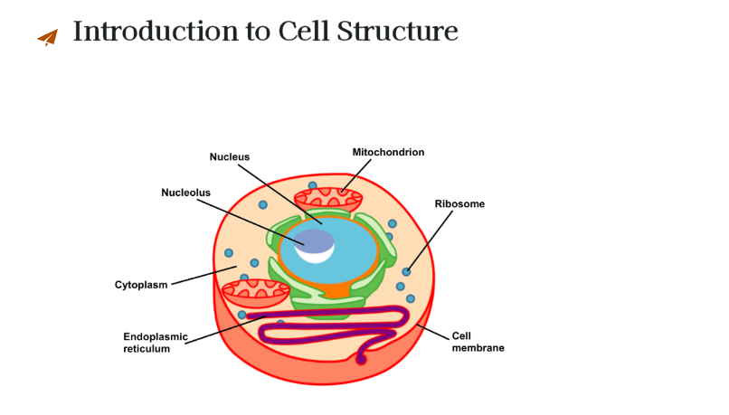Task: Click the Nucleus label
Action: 229,157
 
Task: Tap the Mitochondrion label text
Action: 388,153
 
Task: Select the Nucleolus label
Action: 185,193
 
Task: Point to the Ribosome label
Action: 459,204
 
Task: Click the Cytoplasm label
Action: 141,285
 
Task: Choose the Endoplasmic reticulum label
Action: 156,343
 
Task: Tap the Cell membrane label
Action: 478,342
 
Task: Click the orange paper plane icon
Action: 48,38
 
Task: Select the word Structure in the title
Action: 397,31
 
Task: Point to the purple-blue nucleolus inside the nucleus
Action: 314,241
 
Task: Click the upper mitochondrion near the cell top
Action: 328,199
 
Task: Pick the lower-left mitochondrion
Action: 256,292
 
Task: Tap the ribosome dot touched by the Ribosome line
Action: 406,272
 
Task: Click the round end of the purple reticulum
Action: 361,359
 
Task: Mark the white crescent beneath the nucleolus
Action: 316,257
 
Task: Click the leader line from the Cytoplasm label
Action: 204,276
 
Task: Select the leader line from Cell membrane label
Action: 433,332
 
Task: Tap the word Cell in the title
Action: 304,31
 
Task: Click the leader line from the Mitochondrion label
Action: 356,175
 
